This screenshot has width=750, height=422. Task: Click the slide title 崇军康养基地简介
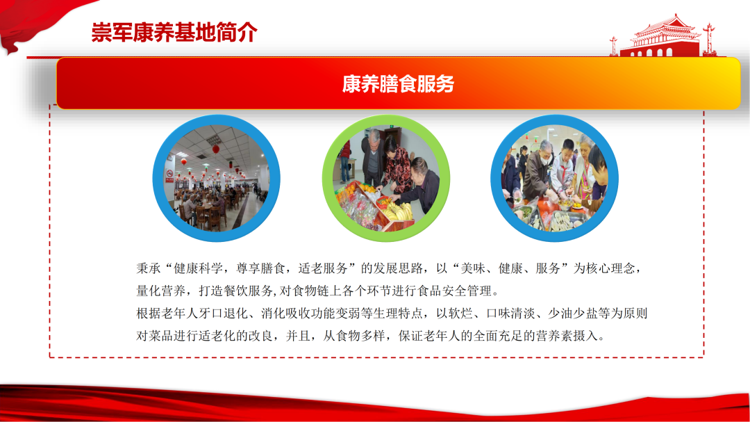174,33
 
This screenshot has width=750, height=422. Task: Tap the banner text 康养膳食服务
398,84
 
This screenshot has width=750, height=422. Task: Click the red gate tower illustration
663,36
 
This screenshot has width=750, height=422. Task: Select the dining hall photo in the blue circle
216,178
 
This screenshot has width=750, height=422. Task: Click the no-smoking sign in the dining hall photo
169,173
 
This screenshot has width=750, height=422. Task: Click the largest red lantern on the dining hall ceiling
216,150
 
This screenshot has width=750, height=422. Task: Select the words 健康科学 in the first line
198,268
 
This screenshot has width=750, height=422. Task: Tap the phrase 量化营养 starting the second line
160,291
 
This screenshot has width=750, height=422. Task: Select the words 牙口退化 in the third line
223,314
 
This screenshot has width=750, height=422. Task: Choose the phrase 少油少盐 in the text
572,314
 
